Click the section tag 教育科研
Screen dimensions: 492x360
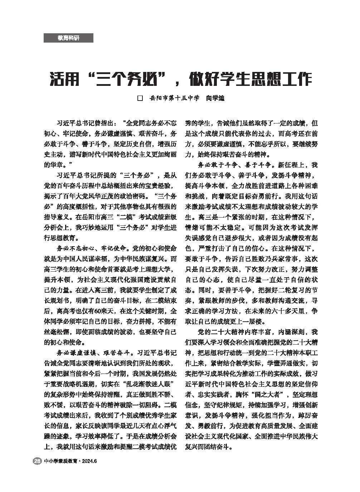pos(68,38)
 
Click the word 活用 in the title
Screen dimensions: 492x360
pos(64,79)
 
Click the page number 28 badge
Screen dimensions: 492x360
pos(37,461)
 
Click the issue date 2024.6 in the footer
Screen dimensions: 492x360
pos(89,461)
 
